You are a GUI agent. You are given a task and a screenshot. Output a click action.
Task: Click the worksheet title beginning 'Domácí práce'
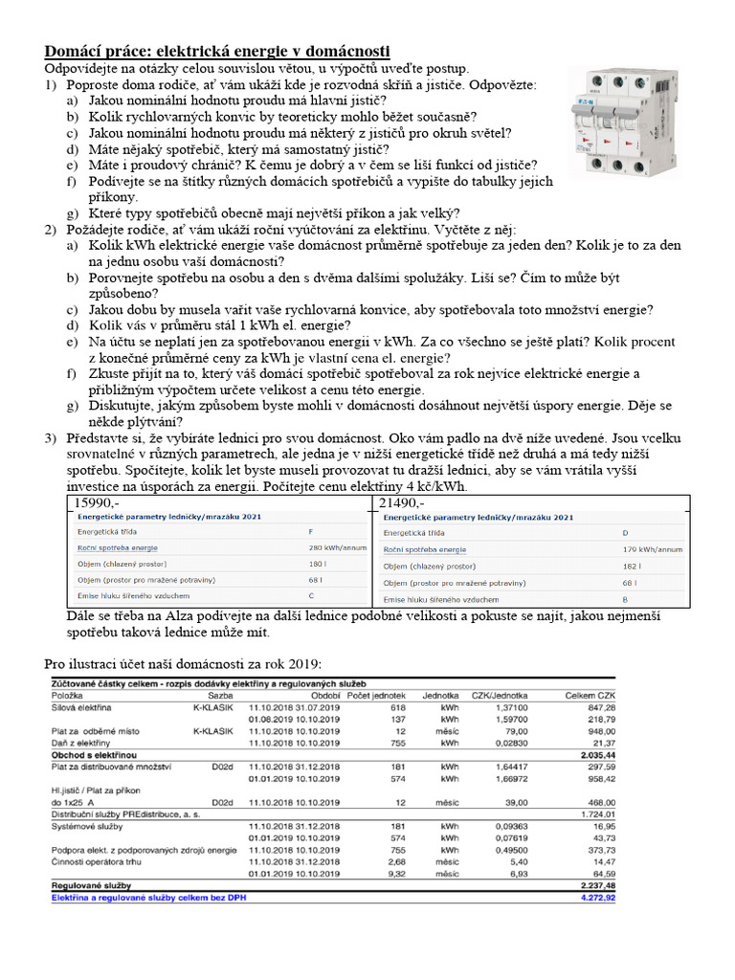(x=217, y=52)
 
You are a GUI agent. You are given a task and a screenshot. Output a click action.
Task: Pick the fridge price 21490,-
(x=403, y=503)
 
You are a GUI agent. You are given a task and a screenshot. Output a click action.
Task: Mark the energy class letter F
(x=311, y=531)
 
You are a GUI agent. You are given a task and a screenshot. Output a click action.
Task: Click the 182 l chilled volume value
(x=631, y=566)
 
